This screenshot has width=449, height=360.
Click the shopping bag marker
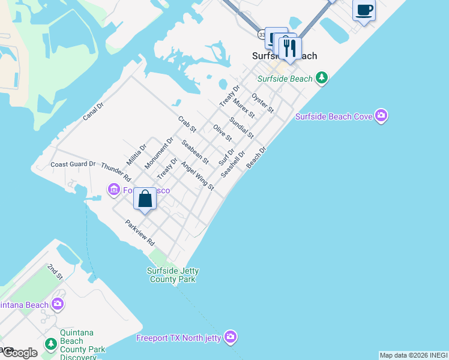click(145, 199)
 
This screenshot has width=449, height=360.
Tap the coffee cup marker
click(364, 11)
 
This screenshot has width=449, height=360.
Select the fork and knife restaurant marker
click(290, 48)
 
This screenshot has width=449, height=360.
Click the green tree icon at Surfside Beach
click(322, 78)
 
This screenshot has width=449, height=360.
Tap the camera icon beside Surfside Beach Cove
click(381, 116)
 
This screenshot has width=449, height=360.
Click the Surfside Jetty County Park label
click(172, 275)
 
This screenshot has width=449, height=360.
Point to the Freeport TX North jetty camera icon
click(231, 337)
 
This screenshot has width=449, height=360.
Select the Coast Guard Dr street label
click(73, 164)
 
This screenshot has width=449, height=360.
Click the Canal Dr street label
click(93, 111)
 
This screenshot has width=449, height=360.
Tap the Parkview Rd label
click(140, 233)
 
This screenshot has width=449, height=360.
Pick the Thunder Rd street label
click(116, 172)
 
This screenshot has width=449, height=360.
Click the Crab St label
click(187, 125)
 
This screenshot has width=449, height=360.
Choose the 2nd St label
click(55, 271)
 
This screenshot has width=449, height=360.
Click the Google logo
click(19, 352)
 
